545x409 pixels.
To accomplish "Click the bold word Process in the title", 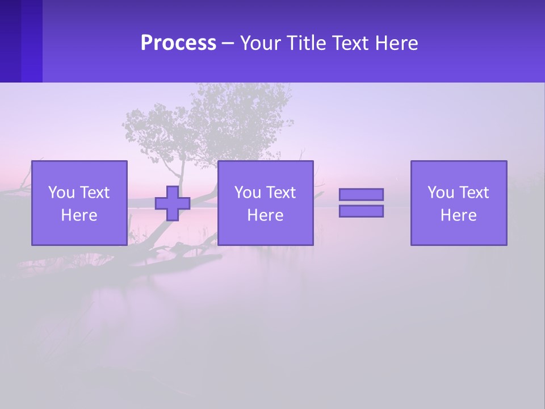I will coord(178,43).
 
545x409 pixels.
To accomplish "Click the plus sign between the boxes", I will coord(173,203).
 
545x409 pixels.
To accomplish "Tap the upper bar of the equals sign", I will coord(361,194).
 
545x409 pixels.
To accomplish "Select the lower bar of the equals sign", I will coord(361,211).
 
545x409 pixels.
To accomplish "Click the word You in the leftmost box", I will coord(61,193).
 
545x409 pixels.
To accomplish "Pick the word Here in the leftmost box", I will coord(79,215).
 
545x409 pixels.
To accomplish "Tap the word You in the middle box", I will coord(248,193).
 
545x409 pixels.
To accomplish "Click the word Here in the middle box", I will coord(265,215).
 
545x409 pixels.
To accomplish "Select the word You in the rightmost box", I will coord(441,193).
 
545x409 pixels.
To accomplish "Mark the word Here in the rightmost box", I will coord(458,215).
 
